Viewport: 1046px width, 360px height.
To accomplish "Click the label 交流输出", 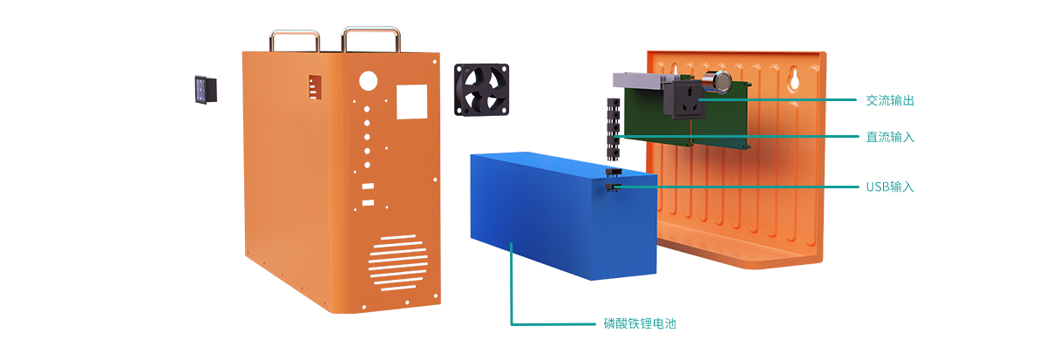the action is pyautogui.click(x=890, y=100).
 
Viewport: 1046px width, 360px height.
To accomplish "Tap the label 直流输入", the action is pyautogui.click(x=890, y=137).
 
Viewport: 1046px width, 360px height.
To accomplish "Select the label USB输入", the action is pyautogui.click(x=890, y=187).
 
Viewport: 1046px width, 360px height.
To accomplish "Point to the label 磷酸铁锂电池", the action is pyautogui.click(x=640, y=323).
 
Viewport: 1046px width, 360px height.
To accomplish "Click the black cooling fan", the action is pyautogui.click(x=481, y=90).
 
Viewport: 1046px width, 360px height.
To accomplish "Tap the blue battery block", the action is pyautogui.click(x=564, y=215).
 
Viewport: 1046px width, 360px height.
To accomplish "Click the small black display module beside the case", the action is pyautogui.click(x=206, y=90).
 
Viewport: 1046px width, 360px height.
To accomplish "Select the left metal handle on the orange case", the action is pyautogui.click(x=295, y=40).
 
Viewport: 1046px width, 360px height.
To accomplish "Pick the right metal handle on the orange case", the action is pyautogui.click(x=371, y=37).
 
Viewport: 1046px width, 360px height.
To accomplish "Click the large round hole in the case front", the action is pyautogui.click(x=368, y=81).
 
